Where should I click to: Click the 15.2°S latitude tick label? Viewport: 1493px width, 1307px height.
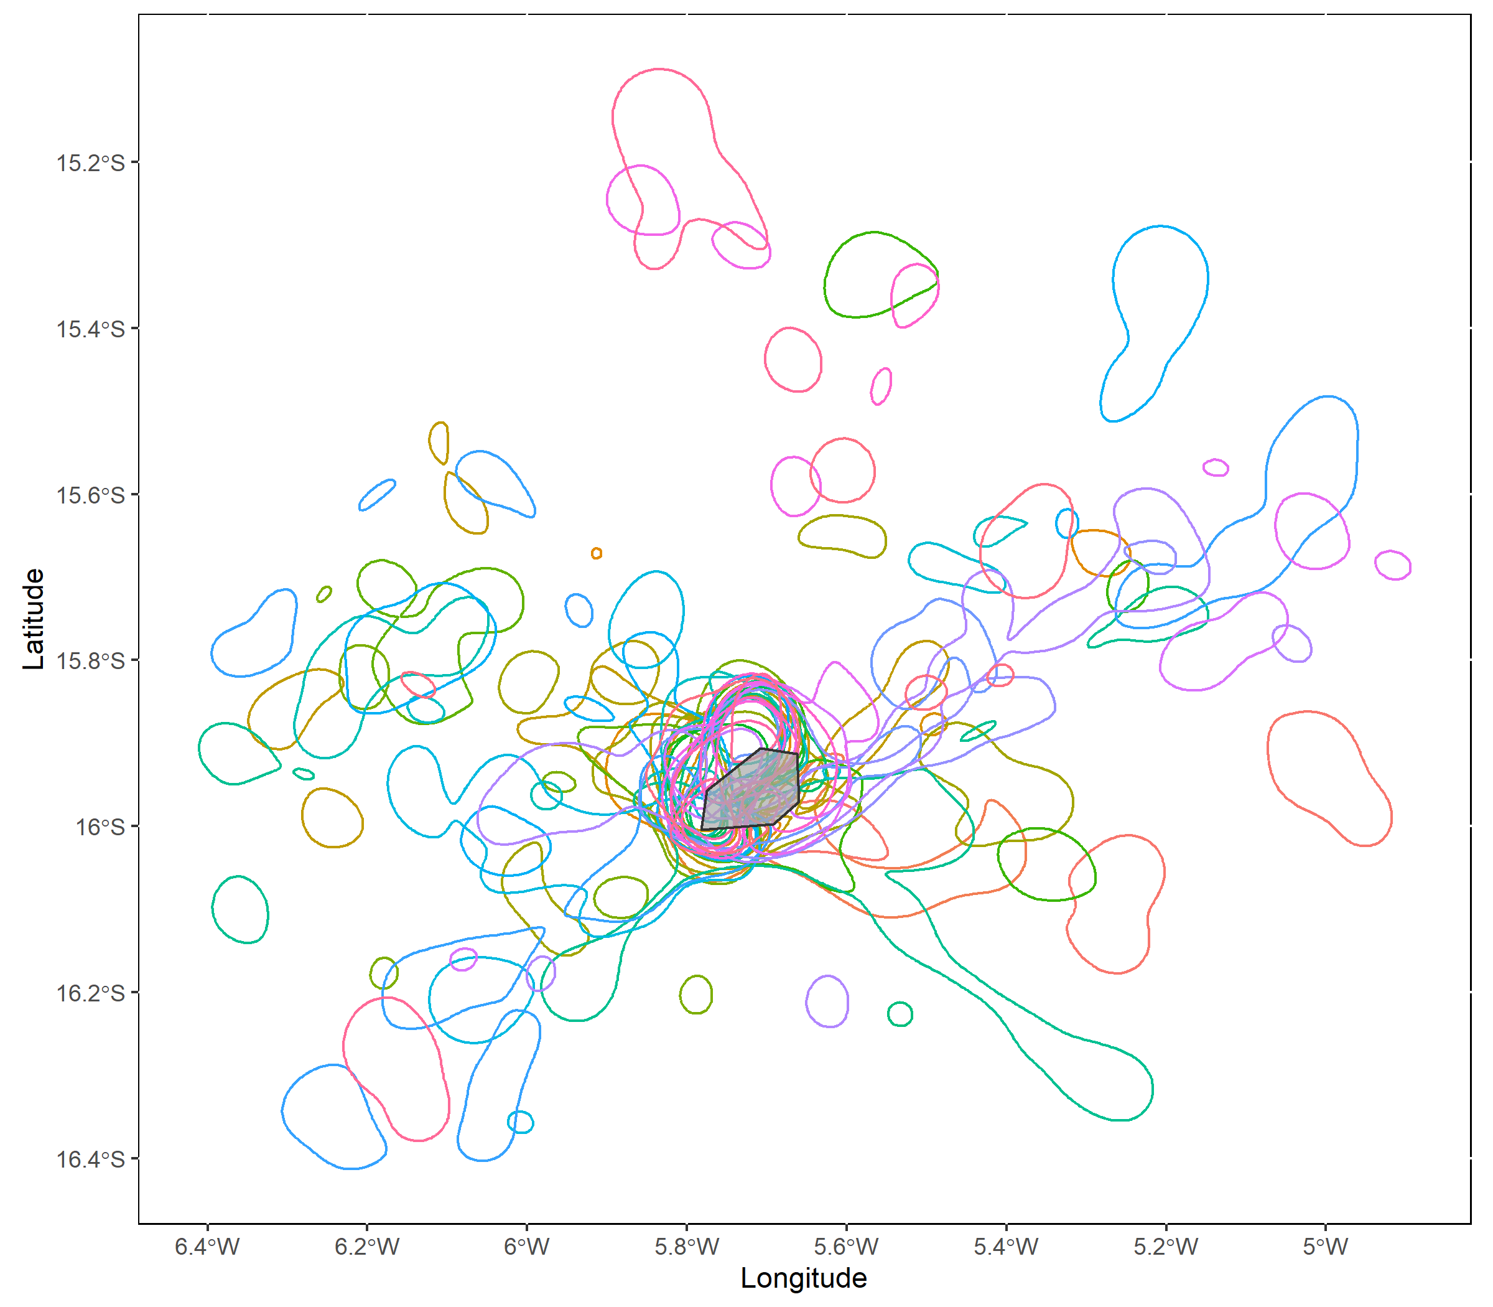coord(90,162)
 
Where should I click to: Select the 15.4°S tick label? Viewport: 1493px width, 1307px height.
coord(90,329)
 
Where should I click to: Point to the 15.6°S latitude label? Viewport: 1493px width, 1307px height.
coord(90,495)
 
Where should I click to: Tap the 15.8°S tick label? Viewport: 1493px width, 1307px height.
coord(90,661)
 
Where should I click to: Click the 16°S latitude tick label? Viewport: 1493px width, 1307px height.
coord(100,827)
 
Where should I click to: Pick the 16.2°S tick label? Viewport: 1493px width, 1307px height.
coord(90,993)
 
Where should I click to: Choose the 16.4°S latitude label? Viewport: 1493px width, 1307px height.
coord(90,1159)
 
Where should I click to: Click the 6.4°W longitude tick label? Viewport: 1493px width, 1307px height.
coord(207,1247)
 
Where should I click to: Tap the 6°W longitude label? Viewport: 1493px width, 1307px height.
coord(526,1247)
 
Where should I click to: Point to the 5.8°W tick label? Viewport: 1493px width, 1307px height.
coord(686,1247)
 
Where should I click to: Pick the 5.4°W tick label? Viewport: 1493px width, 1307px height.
coord(1006,1247)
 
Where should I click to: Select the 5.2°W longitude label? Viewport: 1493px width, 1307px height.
coord(1166,1247)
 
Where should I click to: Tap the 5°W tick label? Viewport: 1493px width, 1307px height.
coord(1325,1247)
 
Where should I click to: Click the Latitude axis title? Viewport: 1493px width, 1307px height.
coord(34,619)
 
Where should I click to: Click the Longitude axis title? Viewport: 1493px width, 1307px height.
coord(803,1278)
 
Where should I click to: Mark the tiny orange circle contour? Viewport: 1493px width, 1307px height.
coord(597,553)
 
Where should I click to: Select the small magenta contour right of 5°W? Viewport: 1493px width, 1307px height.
coord(1392,565)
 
